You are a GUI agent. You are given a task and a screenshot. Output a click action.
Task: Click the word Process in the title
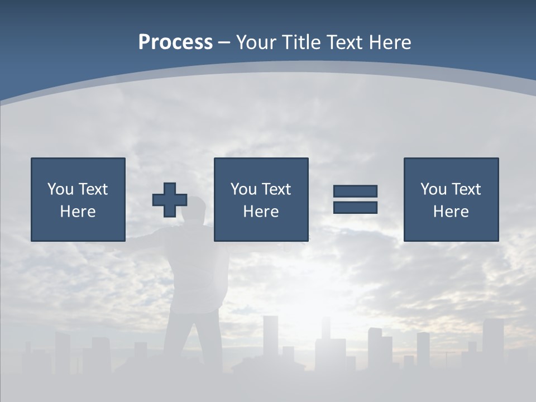coord(175,42)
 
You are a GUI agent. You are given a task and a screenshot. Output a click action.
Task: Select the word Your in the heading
coord(255,42)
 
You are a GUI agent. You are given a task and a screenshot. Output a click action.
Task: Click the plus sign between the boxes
coord(170,200)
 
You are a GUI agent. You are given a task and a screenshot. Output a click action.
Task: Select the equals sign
coord(355,199)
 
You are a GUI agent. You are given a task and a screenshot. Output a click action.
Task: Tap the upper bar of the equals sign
coord(355,192)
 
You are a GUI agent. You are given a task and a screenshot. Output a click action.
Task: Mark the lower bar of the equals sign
coord(355,208)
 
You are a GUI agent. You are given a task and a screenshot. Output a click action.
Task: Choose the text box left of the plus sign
coord(78,199)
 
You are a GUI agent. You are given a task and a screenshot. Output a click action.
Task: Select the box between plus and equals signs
coord(261,199)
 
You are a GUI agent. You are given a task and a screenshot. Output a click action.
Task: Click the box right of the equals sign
coord(451,199)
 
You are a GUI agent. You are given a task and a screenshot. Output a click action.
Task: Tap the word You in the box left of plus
coord(60,189)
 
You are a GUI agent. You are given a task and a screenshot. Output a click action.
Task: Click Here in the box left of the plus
coord(78,212)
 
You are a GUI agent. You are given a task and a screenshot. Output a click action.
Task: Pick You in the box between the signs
coord(243,189)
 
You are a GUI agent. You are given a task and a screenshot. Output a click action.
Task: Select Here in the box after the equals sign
coord(451,212)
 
